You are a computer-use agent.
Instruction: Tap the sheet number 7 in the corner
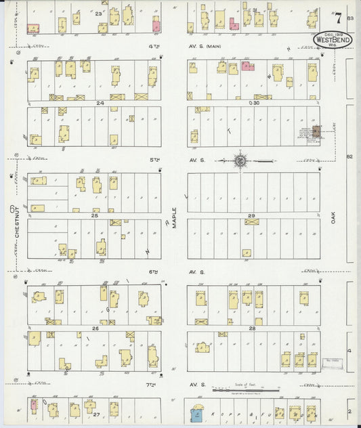click(337, 17)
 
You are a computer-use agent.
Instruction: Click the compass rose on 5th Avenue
click(240, 161)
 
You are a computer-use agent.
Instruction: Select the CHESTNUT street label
click(17, 221)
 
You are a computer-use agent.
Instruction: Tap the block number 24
click(100, 104)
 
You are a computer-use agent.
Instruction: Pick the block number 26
click(95, 328)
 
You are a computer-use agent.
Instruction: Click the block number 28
click(252, 328)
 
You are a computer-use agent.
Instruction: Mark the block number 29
click(252, 216)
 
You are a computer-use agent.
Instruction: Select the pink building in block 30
click(247, 66)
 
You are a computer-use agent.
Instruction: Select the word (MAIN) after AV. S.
click(214, 46)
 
